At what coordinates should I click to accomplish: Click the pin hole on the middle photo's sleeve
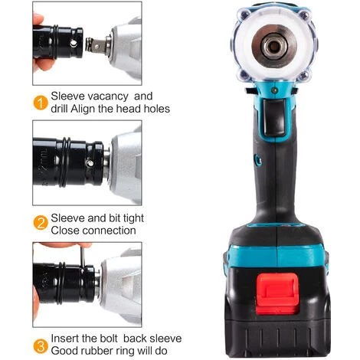(x=93, y=163)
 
